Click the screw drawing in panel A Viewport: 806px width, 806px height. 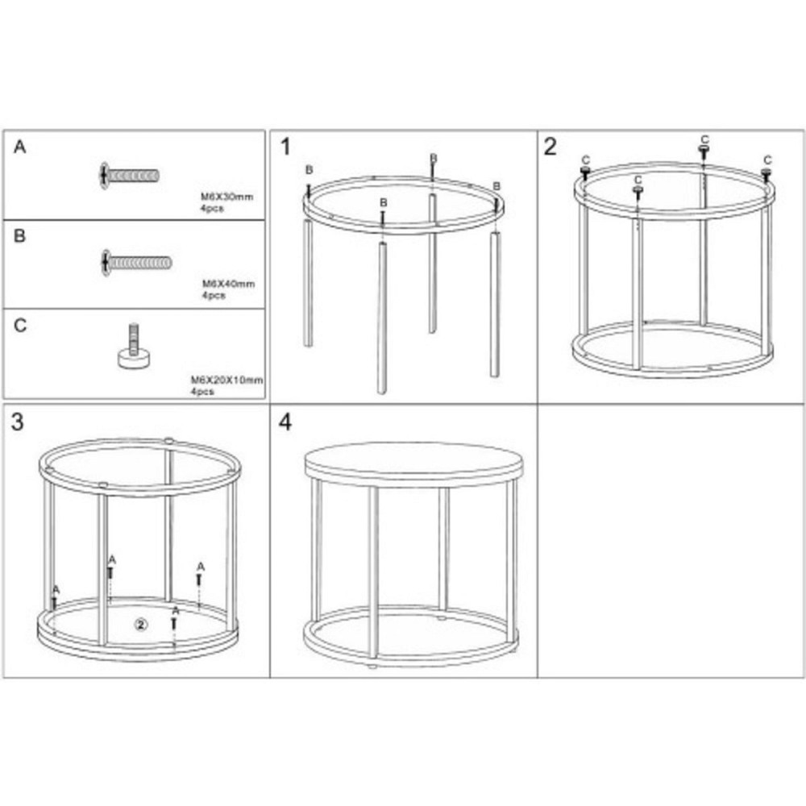tap(130, 176)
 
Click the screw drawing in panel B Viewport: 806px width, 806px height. tap(137, 263)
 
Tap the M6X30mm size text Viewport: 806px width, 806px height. tap(226, 197)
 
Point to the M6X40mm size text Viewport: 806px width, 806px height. tap(228, 284)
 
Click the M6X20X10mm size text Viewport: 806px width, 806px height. tap(226, 380)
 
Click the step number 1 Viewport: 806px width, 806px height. tap(286, 147)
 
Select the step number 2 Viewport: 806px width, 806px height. tap(550, 147)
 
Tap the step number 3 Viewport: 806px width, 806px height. tap(18, 422)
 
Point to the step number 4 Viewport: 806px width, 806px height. tap(285, 422)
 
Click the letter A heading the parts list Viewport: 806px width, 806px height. tap(19, 147)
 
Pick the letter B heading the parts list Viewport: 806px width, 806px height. tap(19, 236)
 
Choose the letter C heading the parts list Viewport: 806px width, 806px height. tap(20, 326)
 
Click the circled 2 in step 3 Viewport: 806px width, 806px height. tap(141, 625)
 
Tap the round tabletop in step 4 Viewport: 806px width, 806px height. tap(413, 462)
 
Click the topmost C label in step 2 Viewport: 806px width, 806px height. tap(704, 139)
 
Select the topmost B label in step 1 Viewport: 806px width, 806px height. tap(434, 158)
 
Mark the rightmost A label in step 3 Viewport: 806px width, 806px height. tap(201, 567)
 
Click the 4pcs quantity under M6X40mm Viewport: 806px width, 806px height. tap(214, 296)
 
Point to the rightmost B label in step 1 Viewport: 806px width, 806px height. tap(496, 186)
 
